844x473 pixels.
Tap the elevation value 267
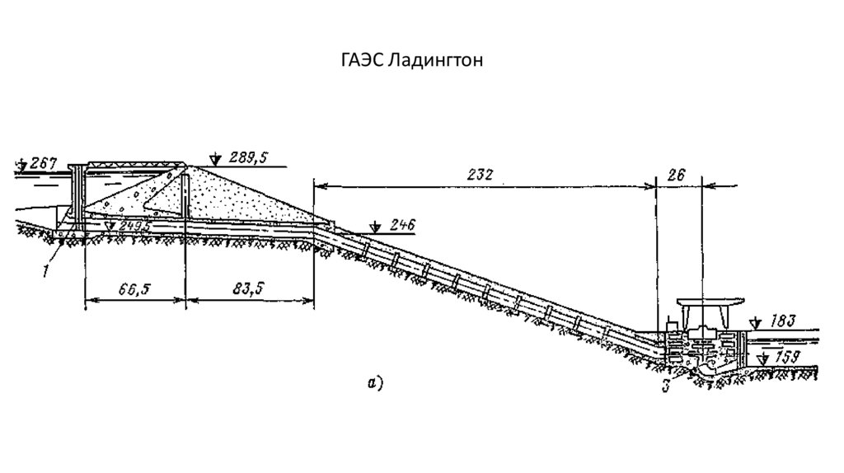(x=42, y=164)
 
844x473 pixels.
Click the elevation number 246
(x=403, y=224)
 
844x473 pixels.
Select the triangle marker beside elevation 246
(x=375, y=226)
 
